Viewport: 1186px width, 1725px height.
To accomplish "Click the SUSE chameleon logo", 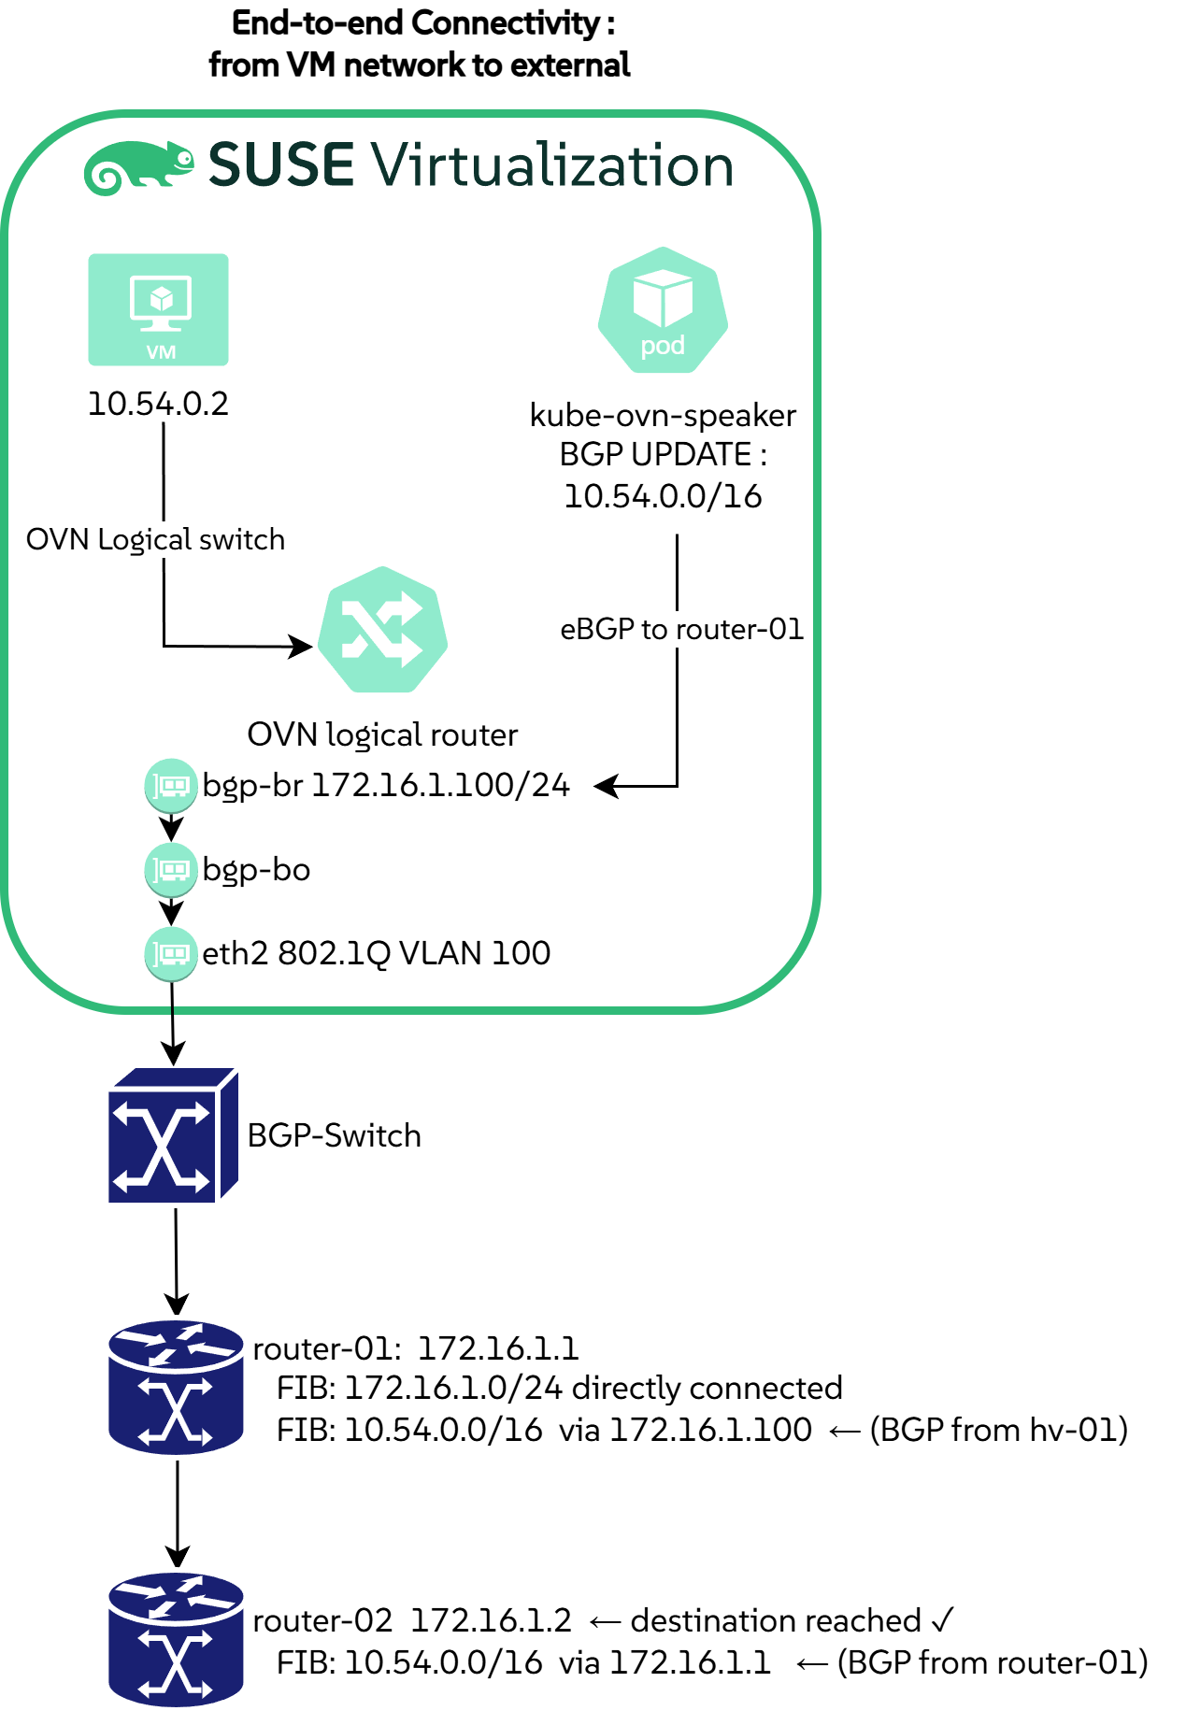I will click(x=138, y=167).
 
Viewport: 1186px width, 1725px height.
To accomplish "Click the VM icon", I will click(x=158, y=309).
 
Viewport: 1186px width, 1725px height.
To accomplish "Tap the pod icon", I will click(x=663, y=310).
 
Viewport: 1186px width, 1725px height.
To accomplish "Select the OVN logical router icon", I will click(x=382, y=630).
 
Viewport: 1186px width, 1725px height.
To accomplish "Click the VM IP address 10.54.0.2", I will click(x=158, y=404).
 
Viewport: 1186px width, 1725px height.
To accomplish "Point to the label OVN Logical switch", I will click(x=155, y=540).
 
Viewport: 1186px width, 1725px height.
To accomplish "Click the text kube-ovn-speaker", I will click(x=663, y=415).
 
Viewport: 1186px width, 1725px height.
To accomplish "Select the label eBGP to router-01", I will click(x=681, y=629).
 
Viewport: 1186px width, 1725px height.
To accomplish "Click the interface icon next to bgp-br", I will click(x=171, y=785).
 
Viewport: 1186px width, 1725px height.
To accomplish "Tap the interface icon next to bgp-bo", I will click(x=171, y=869).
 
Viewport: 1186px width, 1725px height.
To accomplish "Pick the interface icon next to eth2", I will click(x=171, y=953).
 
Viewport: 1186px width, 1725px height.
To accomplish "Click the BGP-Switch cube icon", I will click(x=173, y=1134).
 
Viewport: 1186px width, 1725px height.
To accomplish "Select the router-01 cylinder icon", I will click(x=176, y=1387).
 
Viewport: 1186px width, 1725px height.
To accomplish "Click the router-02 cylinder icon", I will click(x=176, y=1639).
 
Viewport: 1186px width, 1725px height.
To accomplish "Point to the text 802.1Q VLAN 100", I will click(x=414, y=953).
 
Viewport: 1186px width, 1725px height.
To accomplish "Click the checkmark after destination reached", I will click(x=942, y=1619).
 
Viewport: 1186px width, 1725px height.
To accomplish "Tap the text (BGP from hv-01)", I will click(x=998, y=1430).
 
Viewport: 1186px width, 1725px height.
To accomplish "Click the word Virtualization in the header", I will click(x=552, y=165).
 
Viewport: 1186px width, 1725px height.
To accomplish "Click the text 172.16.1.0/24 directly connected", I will click(x=593, y=1389).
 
